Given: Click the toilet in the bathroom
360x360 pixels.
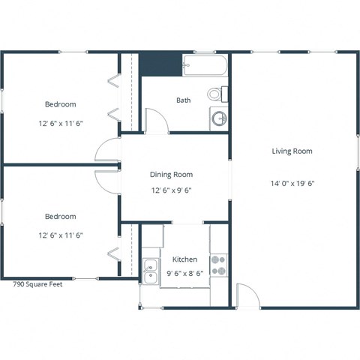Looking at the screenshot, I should point(217,94).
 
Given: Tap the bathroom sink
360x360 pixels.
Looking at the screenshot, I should point(219,118).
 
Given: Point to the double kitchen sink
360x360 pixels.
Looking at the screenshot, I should point(151,269).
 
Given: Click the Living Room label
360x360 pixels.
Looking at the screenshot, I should point(292,151).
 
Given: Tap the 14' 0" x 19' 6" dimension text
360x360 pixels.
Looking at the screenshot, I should point(292,183).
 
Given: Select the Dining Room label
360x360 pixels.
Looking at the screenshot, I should point(171,175).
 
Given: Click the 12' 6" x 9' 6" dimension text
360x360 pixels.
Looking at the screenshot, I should point(171,190).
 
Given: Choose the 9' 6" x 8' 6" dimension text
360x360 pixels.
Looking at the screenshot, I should point(184,273).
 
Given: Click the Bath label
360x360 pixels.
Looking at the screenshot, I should point(184,100).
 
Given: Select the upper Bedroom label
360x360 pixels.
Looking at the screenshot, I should point(60,104).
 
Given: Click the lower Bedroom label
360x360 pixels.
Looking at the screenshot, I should point(60,217).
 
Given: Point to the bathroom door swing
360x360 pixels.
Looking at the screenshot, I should point(155,121).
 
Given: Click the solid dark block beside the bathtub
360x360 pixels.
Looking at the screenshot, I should point(161,65).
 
